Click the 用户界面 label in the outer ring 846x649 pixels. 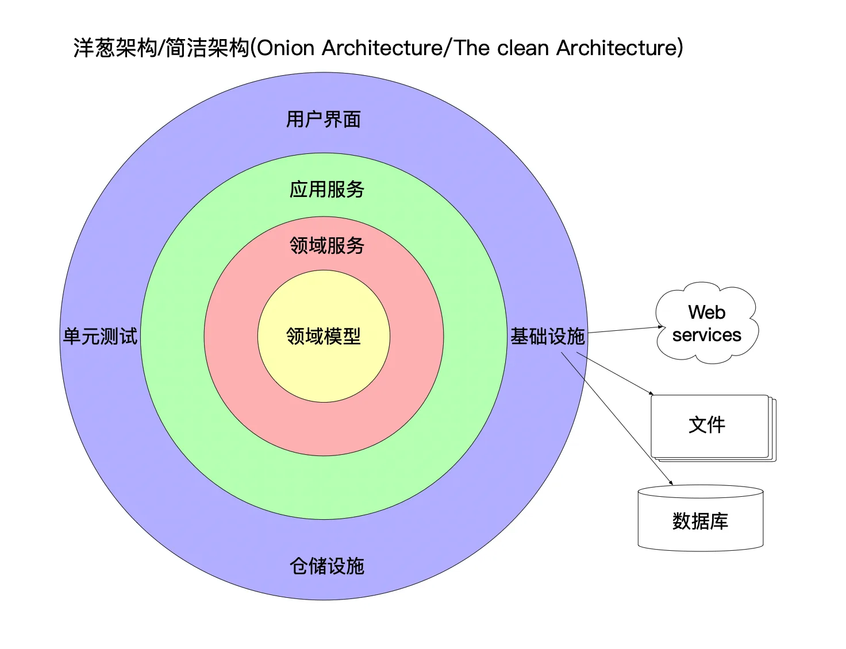click(323, 119)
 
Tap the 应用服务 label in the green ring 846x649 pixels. click(326, 190)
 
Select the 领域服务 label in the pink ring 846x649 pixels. click(326, 245)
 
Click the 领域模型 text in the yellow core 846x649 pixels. click(323, 336)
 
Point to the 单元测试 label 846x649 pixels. click(100, 336)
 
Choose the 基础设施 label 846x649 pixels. click(547, 336)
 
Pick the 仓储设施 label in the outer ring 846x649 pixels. click(326, 566)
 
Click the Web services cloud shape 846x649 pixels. click(706, 323)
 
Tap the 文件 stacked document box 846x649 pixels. click(713, 428)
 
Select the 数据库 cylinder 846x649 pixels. click(701, 518)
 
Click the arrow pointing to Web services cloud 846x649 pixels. click(625, 330)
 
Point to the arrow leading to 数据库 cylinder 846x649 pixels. click(617, 419)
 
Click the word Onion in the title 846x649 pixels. click(286, 48)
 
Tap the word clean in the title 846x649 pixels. click(523, 48)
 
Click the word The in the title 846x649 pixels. click(472, 48)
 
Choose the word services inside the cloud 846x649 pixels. click(706, 335)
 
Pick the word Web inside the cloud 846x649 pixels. click(706, 312)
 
